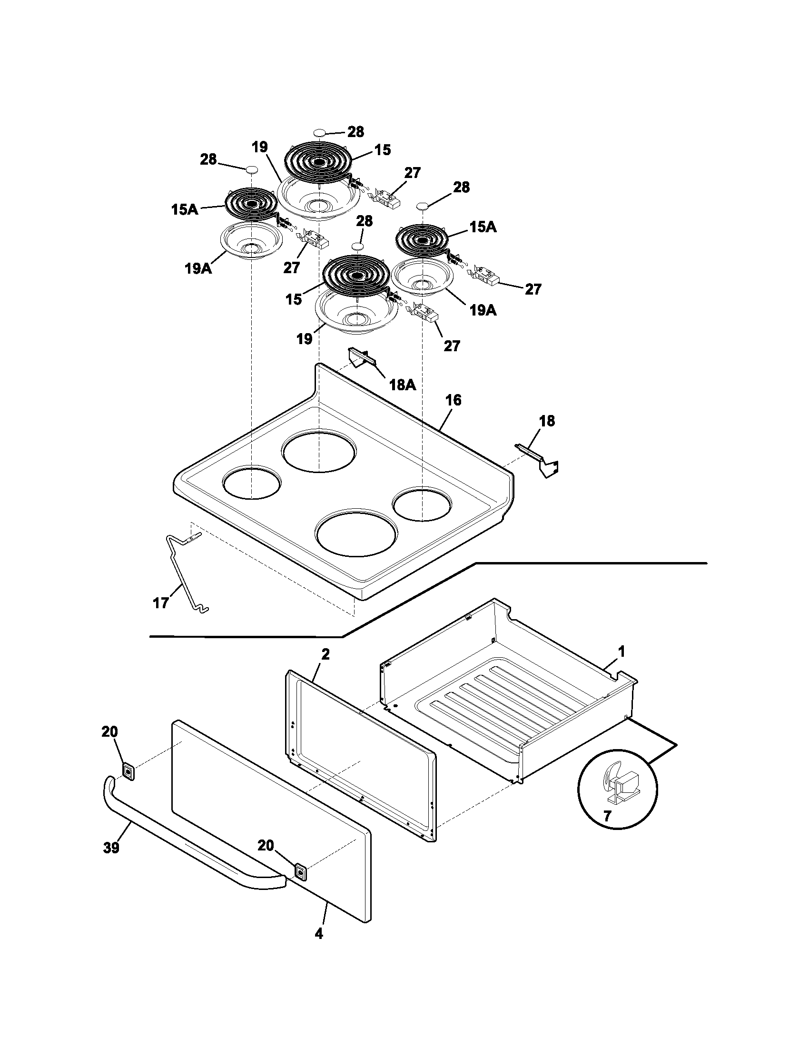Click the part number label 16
tap(453, 400)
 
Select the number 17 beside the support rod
tap(161, 603)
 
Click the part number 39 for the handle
tap(111, 848)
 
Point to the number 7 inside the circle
tap(607, 816)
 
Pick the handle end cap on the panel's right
tap(300, 871)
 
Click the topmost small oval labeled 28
tap(320, 132)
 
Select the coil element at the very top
tap(318, 161)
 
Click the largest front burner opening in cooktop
tap(356, 535)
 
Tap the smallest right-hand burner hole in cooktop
tap(422, 505)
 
